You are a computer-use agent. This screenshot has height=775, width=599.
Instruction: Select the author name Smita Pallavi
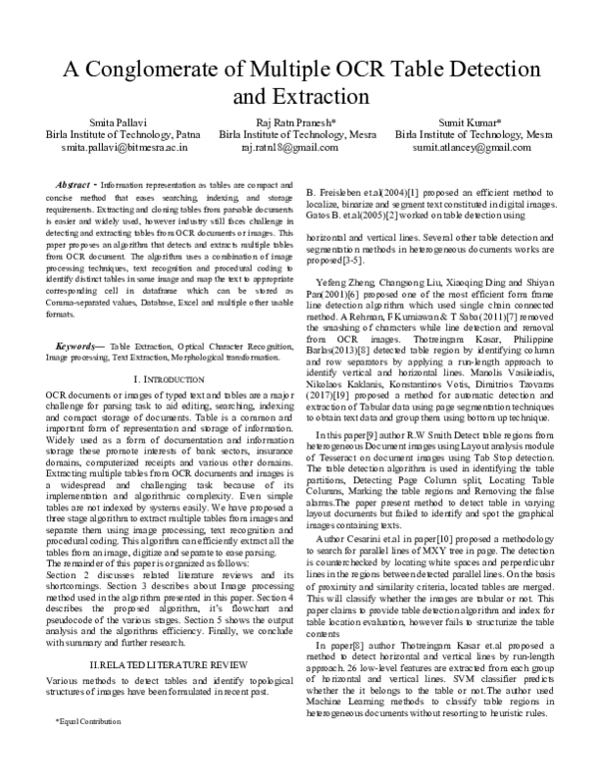[x=86, y=119]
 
